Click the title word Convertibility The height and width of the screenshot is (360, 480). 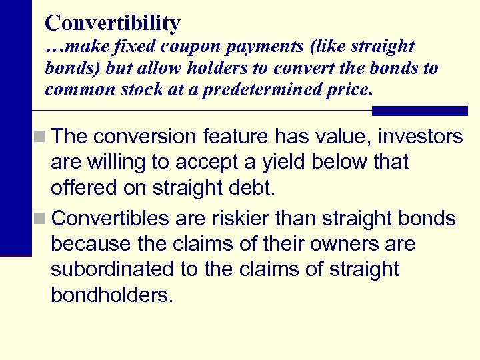click(112, 23)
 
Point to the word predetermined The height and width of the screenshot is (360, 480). click(265, 90)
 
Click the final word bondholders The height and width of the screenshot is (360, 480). click(111, 295)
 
